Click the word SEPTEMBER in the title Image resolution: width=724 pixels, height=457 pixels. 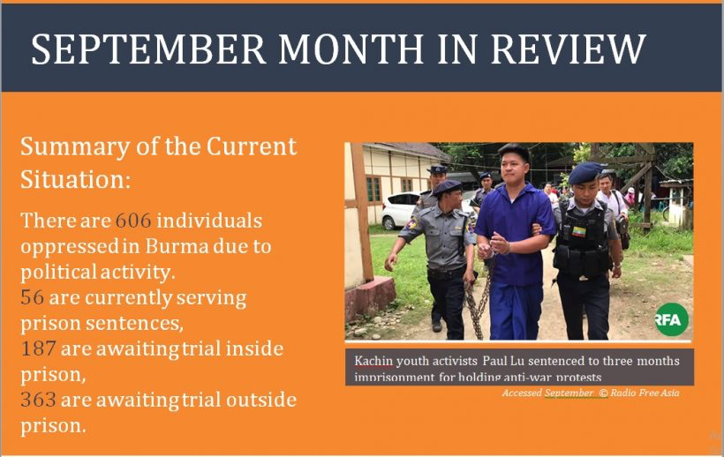(x=147, y=49)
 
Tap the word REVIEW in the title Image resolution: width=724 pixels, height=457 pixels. (x=568, y=49)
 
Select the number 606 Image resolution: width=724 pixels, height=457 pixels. (x=133, y=221)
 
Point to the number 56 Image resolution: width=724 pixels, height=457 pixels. (x=33, y=297)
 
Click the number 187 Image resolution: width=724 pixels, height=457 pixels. (x=38, y=348)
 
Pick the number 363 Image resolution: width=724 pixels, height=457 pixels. (x=38, y=400)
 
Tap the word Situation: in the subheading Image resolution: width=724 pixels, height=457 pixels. (x=76, y=179)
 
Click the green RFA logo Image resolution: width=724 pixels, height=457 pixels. (x=671, y=319)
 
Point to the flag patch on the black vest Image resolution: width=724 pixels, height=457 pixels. (x=578, y=231)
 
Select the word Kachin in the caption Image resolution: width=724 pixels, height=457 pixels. (x=373, y=361)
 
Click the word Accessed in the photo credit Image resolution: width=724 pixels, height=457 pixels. (x=522, y=393)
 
